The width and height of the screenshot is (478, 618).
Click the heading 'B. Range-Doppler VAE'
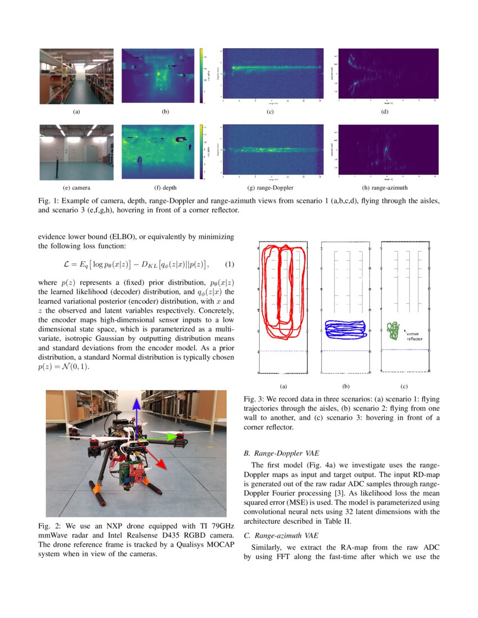[x=279, y=452]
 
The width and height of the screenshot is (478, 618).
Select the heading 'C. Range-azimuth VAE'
[x=278, y=536]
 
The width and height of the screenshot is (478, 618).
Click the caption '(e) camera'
[x=76, y=187]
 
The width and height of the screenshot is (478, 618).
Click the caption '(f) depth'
[x=165, y=187]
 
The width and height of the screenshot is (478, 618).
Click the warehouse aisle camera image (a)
[x=76, y=76]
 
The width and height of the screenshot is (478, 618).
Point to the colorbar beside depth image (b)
[x=201, y=76]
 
